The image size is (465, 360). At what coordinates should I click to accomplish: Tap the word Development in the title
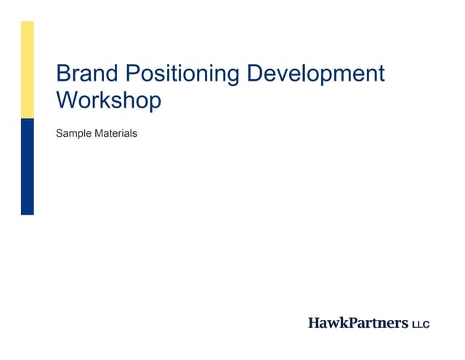[316, 74]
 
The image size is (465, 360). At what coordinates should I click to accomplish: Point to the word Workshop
[108, 100]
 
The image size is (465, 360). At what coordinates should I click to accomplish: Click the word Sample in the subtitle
[72, 135]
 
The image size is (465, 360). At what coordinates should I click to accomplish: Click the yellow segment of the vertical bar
[27, 70]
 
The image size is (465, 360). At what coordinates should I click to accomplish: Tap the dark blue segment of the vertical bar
[27, 167]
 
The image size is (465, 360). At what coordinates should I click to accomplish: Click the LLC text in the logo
[421, 323]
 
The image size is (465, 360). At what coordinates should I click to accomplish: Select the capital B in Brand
[64, 73]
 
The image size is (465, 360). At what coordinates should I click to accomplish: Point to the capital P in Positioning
[134, 73]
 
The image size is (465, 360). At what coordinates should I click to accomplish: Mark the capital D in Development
[256, 73]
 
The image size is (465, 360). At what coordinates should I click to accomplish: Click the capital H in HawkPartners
[314, 322]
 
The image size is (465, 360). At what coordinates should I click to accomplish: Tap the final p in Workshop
[155, 103]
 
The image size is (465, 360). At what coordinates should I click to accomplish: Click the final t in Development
[381, 74]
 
